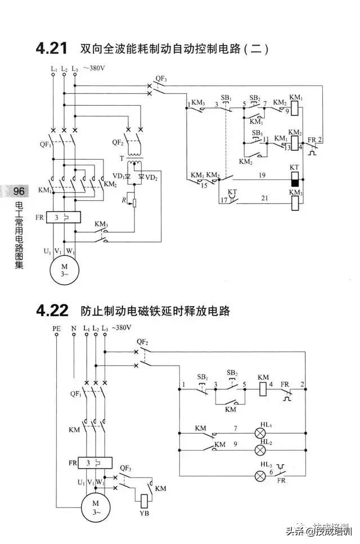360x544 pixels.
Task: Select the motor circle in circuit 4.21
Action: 64,269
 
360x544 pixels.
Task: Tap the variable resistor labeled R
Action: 134,200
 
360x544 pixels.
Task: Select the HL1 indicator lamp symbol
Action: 261,433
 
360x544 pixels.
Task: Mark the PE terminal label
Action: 56,328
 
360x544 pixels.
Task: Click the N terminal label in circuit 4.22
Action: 73,328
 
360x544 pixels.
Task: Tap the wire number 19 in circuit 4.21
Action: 262,176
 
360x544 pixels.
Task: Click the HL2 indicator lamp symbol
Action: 261,450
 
